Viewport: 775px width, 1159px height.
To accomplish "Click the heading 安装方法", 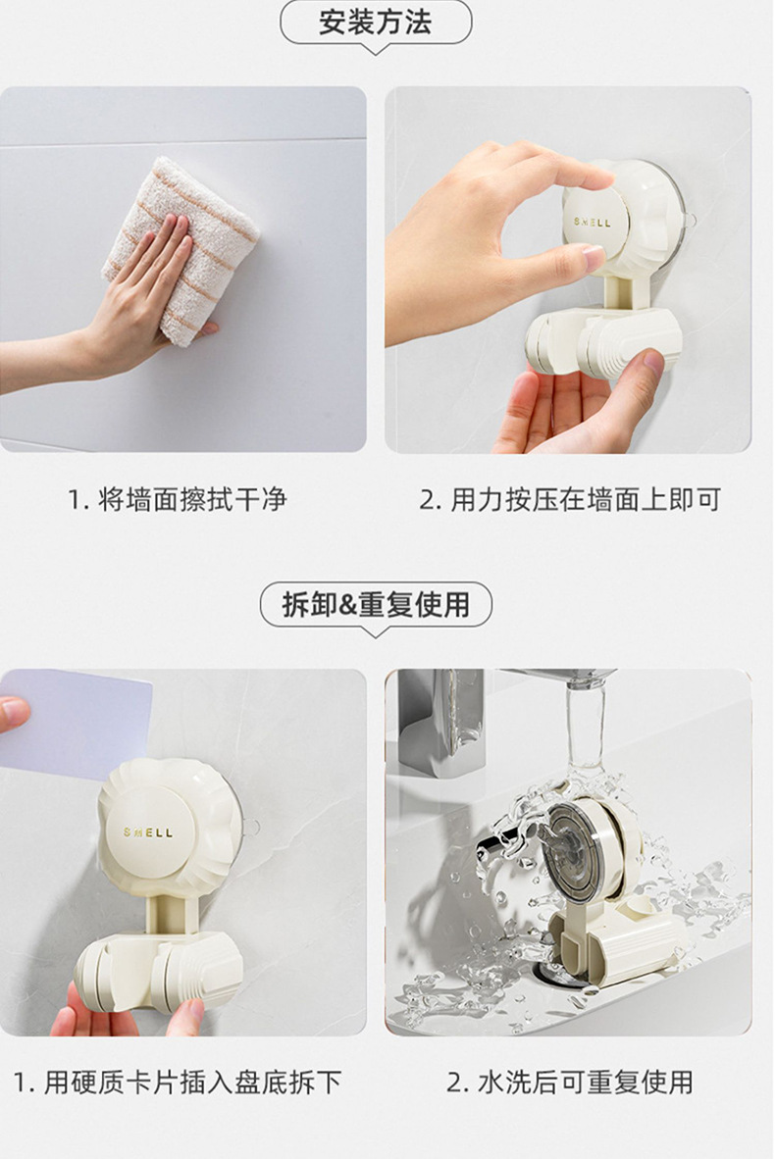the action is point(375,23).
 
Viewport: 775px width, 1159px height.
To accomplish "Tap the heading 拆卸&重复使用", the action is point(376,605).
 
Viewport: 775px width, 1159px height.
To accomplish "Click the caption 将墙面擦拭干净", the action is point(192,500).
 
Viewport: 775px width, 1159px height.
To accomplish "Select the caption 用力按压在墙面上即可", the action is point(586,500).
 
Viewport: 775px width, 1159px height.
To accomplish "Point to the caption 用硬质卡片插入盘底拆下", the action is point(192,1083).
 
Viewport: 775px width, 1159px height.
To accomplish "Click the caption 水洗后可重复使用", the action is point(586,1083).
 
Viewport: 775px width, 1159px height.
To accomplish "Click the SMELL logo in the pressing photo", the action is point(593,222).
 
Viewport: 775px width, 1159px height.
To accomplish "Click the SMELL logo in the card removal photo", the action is point(148,832).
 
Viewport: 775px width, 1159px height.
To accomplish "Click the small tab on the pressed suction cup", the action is point(689,221).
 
